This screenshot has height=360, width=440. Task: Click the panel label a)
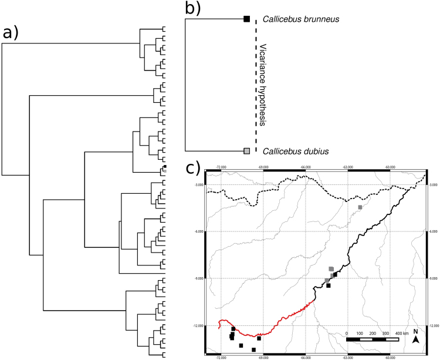(x=13, y=33)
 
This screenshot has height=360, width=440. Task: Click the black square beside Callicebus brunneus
(x=247, y=19)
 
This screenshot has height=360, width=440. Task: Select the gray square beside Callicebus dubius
(x=247, y=152)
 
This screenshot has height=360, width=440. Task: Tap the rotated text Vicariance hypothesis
(x=263, y=85)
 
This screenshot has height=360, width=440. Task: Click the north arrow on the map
(x=415, y=339)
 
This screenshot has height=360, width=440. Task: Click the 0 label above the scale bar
(x=347, y=333)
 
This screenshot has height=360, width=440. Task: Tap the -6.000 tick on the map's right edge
(x=432, y=232)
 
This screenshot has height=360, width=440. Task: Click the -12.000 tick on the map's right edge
(x=432, y=325)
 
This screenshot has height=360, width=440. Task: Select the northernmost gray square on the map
(x=360, y=207)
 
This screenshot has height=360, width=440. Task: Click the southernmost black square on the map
(x=254, y=349)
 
